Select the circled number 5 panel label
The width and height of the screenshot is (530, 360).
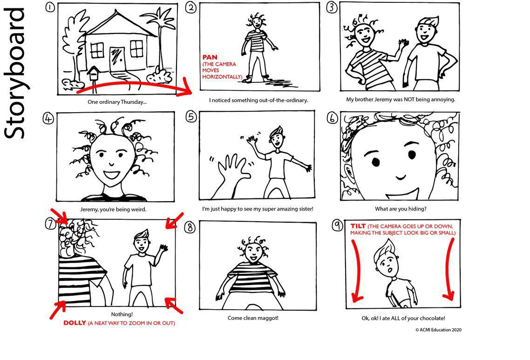coord(190,116)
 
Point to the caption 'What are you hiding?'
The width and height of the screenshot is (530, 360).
coord(401,209)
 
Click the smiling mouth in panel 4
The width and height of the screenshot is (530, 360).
coord(111,176)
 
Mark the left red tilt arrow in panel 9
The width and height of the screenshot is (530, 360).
coord(355,270)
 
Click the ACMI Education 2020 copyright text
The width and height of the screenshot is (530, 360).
coord(438,329)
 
